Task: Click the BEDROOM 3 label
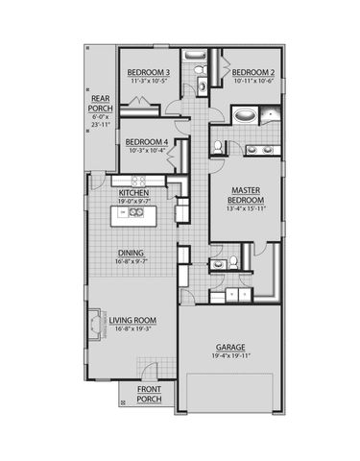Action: click(149, 72)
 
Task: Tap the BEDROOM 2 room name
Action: click(253, 72)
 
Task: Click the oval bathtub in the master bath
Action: click(246, 117)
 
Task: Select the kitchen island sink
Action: click(138, 213)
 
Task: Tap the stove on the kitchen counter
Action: click(137, 181)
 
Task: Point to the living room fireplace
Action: click(96, 324)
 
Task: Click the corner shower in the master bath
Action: click(274, 117)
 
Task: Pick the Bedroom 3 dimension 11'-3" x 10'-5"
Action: click(149, 81)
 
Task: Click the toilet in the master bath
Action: click(220, 147)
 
